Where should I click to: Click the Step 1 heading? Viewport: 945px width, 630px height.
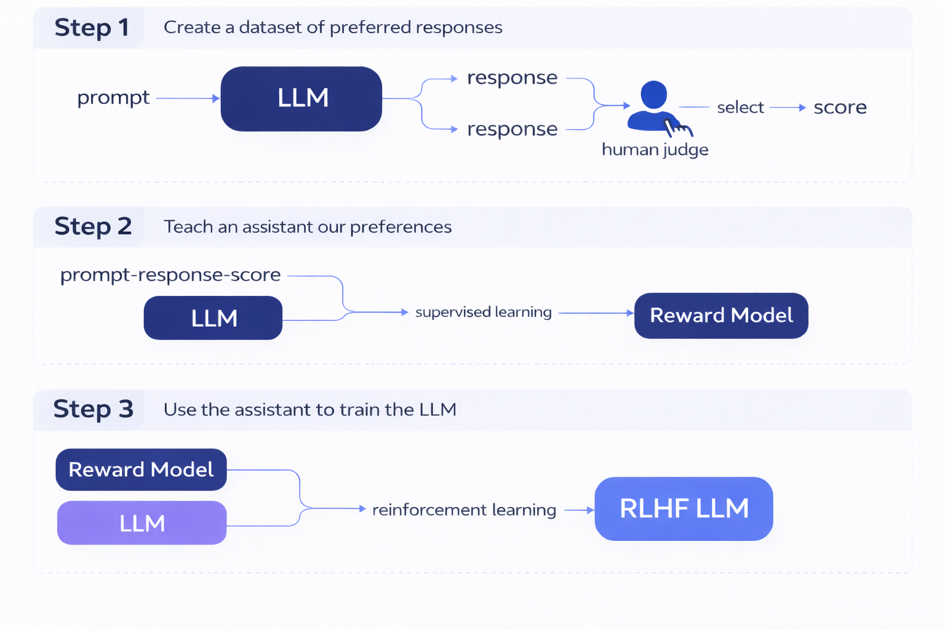[x=92, y=28]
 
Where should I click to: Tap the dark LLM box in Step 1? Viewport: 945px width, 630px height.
[x=301, y=98]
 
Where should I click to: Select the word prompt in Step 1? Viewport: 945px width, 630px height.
[x=113, y=98]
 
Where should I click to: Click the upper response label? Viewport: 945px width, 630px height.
[x=512, y=78]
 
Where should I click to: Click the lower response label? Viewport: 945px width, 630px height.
[x=512, y=129]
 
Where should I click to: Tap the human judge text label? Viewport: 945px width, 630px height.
[x=655, y=150]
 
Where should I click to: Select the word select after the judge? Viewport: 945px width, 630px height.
[x=740, y=108]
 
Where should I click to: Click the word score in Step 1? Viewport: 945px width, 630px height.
[x=840, y=108]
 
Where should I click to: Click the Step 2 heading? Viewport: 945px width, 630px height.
[x=93, y=226]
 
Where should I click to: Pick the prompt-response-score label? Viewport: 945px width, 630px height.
[x=170, y=275]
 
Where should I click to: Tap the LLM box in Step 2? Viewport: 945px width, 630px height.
[x=213, y=318]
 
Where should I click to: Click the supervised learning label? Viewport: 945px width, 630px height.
[x=483, y=313]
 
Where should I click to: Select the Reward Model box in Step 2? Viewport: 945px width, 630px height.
[x=721, y=316]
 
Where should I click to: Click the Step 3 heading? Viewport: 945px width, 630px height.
[x=93, y=409]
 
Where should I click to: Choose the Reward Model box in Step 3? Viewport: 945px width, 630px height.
[x=141, y=469]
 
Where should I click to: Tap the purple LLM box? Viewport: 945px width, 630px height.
[x=142, y=523]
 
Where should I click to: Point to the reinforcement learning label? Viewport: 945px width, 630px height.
[x=464, y=510]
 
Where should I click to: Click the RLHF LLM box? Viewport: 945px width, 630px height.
[x=684, y=509]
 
